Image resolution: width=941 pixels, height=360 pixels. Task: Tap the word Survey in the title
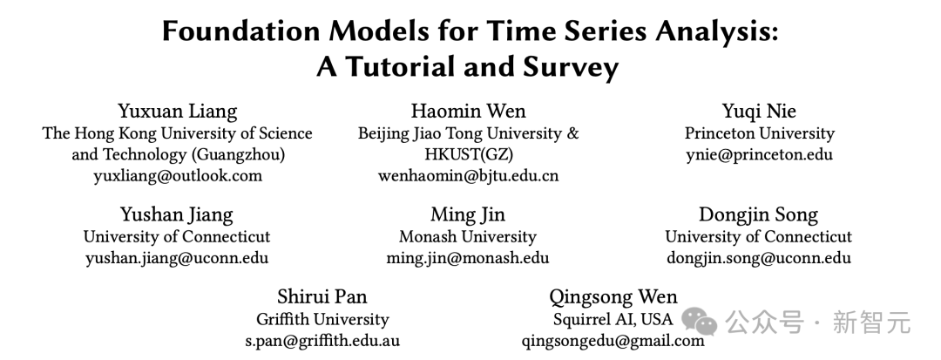[570, 68]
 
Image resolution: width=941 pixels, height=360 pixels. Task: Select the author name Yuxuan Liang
[178, 111]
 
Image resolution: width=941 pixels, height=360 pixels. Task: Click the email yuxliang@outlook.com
[178, 176]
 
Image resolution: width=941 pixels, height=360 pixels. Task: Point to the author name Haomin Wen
[468, 111]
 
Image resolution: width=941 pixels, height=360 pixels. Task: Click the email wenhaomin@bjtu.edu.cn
[468, 176]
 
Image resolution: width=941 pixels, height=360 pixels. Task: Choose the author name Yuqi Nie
[759, 111]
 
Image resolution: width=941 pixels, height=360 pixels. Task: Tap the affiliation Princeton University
[759, 133]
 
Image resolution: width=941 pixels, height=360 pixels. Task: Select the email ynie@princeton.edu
[759, 155]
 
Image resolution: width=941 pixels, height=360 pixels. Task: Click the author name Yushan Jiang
[176, 214]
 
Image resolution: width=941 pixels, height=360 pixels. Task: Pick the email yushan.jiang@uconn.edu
[176, 258]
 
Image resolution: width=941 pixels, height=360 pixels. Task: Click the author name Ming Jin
[468, 214]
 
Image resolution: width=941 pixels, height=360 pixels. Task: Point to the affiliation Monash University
[468, 236]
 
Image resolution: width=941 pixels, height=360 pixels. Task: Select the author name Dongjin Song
[759, 214]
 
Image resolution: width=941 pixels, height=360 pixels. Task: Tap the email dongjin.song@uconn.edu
[759, 258]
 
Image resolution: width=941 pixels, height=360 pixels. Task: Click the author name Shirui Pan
[322, 296]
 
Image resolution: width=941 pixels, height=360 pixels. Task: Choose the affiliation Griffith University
[322, 319]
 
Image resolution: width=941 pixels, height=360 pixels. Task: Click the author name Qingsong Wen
[613, 297]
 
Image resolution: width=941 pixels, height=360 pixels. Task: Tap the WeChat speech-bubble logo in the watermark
[699, 322]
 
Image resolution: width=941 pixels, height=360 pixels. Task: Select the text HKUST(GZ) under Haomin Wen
[468, 155]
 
